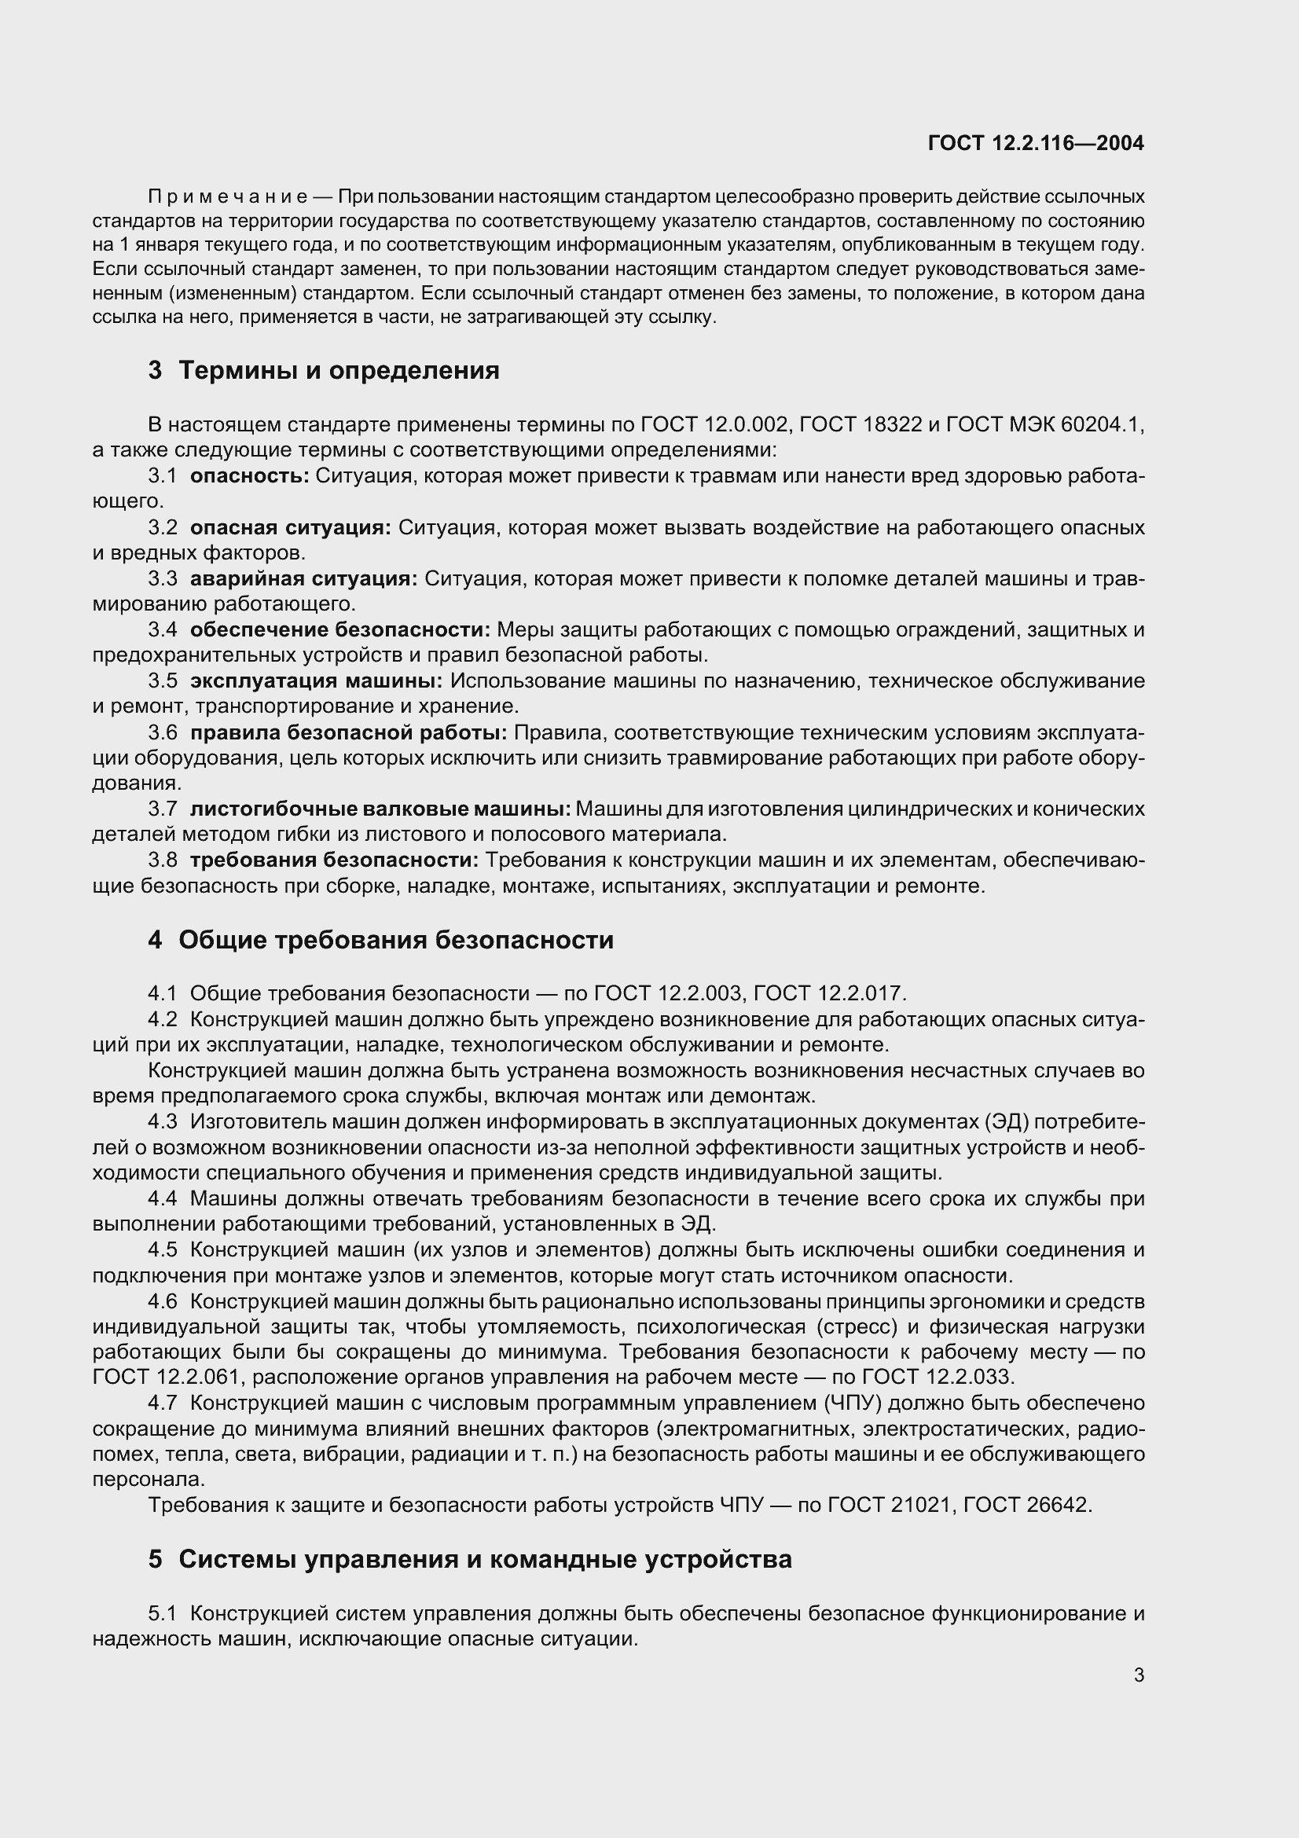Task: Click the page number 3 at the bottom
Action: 1139,1675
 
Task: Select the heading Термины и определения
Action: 339,371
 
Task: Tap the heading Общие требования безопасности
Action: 395,940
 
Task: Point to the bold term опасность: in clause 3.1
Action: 249,475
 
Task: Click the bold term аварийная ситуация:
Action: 303,578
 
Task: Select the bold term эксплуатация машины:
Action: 316,681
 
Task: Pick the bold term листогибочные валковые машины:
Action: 380,809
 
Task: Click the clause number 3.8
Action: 163,860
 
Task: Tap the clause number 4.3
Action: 163,1121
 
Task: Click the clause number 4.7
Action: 163,1403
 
